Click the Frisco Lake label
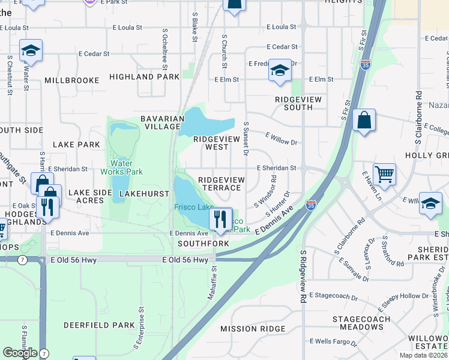(x=194, y=207)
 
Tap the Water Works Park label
(x=126, y=167)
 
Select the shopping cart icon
(x=384, y=174)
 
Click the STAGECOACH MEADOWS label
(x=361, y=322)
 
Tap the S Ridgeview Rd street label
(x=304, y=275)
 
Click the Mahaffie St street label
(x=214, y=274)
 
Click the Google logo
(x=20, y=353)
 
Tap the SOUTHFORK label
(x=203, y=244)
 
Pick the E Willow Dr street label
(x=282, y=142)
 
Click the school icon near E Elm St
(x=279, y=70)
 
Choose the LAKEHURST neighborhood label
(x=142, y=194)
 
